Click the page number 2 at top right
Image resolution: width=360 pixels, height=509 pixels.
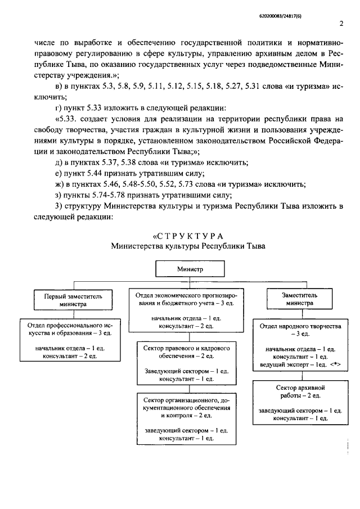coord(341,24)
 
